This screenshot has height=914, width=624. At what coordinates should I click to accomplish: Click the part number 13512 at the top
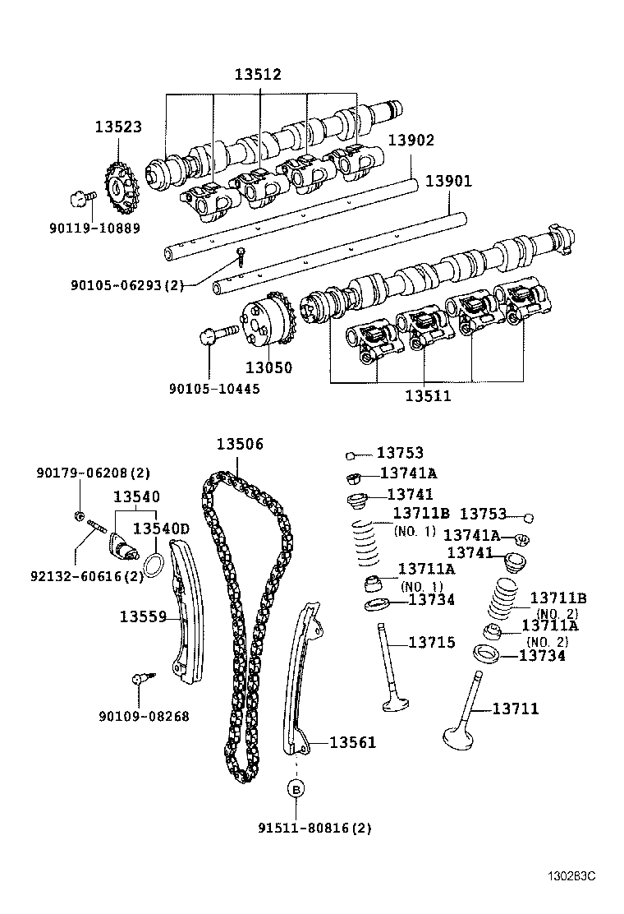coord(258,75)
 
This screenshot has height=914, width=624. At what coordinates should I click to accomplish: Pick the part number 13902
coord(411,141)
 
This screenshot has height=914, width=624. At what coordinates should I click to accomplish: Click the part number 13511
coord(428,395)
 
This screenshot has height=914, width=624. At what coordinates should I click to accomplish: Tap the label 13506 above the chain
coord(240,445)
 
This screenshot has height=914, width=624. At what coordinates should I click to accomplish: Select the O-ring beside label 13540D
coord(154,565)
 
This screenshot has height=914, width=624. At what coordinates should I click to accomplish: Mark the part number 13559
coord(143,616)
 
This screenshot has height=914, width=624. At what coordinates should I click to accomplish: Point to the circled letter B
coord(295,789)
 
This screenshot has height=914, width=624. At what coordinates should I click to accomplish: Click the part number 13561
coord(352,743)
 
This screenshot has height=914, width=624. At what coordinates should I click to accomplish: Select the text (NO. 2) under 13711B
coord(557,613)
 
